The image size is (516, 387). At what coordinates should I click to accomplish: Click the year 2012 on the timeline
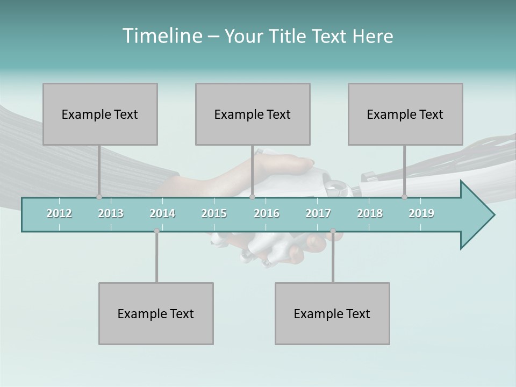tap(59, 213)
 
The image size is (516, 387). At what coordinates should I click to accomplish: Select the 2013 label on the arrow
tap(111, 213)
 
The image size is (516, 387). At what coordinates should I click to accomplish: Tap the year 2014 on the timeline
tap(162, 213)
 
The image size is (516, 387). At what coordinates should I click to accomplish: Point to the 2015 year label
tap(214, 213)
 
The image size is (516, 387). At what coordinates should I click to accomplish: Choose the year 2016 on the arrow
tap(267, 213)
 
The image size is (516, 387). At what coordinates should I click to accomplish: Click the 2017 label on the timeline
tap(318, 213)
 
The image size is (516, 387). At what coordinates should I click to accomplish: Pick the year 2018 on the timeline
tap(370, 213)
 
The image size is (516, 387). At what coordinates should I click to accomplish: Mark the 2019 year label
tap(421, 213)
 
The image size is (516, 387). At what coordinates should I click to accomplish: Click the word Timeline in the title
tap(161, 36)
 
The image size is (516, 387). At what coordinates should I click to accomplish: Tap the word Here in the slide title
tap(373, 36)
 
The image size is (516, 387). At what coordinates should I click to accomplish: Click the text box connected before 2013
tap(100, 114)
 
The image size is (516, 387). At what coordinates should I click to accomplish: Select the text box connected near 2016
tap(253, 114)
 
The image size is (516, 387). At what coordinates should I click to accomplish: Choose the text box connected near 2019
tap(405, 114)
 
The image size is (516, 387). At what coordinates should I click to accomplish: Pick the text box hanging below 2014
tap(156, 313)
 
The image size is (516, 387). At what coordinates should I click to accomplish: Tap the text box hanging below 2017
tap(332, 313)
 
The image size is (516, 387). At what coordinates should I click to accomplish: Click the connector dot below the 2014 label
tap(156, 231)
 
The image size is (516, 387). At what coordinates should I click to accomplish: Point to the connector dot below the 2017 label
tap(333, 231)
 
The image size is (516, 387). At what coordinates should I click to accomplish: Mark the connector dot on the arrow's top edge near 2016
tap(252, 197)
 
